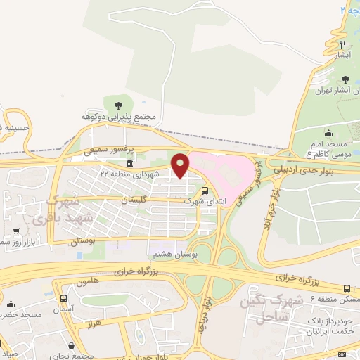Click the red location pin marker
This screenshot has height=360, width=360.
(181, 165)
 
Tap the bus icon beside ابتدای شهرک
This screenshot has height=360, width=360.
(205, 190)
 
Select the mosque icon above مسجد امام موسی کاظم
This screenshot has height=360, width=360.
(328, 133)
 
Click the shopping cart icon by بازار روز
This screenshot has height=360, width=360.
(15, 231)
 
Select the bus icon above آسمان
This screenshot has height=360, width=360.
(64, 298)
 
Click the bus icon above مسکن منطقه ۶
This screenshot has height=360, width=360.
(347, 288)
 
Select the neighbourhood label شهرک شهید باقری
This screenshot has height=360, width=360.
(53, 210)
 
